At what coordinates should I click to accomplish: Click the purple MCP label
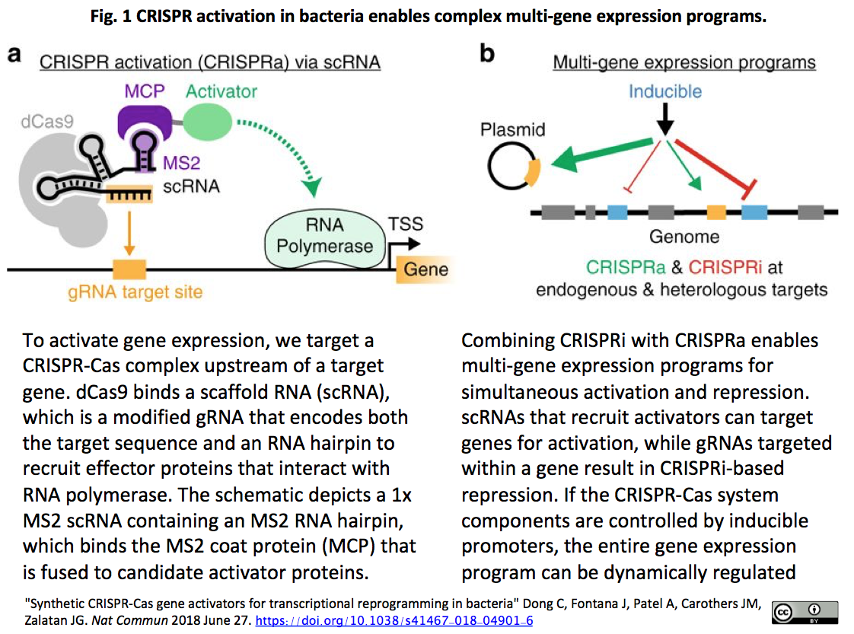point(144,91)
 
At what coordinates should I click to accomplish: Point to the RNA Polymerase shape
point(325,236)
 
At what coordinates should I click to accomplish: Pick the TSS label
point(405,225)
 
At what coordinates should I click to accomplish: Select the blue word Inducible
point(664,91)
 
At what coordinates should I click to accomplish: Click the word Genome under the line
point(684,237)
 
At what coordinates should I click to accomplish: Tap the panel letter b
point(487,54)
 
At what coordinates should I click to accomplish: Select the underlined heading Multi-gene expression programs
point(684,62)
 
